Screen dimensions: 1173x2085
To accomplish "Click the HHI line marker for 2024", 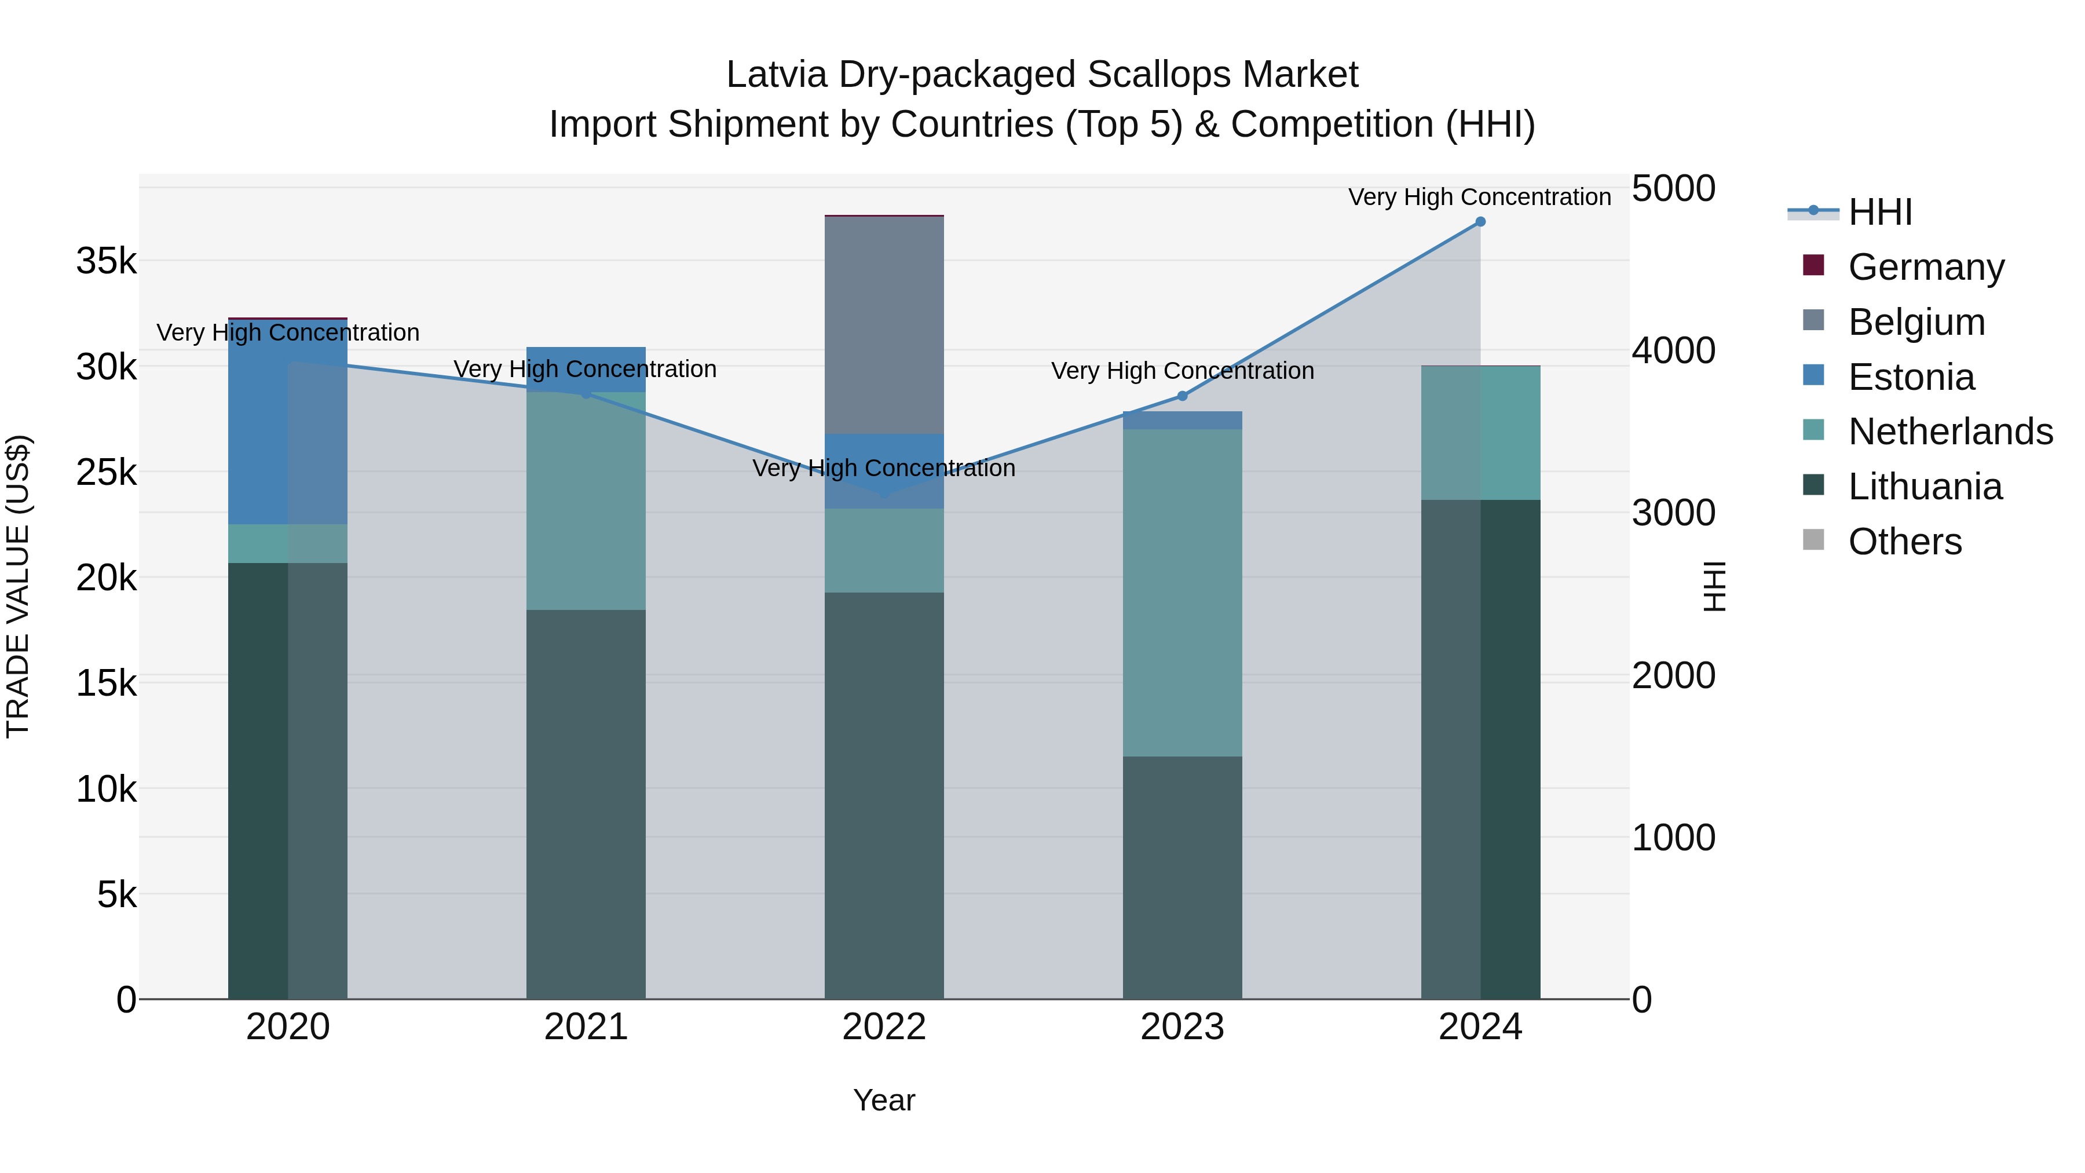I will pyautogui.click(x=1480, y=222).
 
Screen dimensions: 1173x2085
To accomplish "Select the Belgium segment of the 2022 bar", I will pyautogui.click(x=884, y=324).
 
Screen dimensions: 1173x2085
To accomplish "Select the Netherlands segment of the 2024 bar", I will pyautogui.click(x=1480, y=433).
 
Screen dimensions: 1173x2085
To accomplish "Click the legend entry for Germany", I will pyautogui.click(x=1926, y=267).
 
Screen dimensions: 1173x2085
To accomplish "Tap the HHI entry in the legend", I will pyautogui.click(x=1879, y=212).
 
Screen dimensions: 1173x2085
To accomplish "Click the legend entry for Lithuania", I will pyautogui.click(x=1925, y=487).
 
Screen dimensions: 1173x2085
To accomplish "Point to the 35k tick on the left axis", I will pyautogui.click(x=106, y=261).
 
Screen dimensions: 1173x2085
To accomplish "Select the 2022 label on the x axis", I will pyautogui.click(x=884, y=1027).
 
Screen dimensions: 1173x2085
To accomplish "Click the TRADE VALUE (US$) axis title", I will pyautogui.click(x=18, y=586).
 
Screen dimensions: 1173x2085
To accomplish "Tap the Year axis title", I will pyautogui.click(x=884, y=1100).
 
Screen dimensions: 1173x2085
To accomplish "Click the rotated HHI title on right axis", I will pyautogui.click(x=1714, y=586).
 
